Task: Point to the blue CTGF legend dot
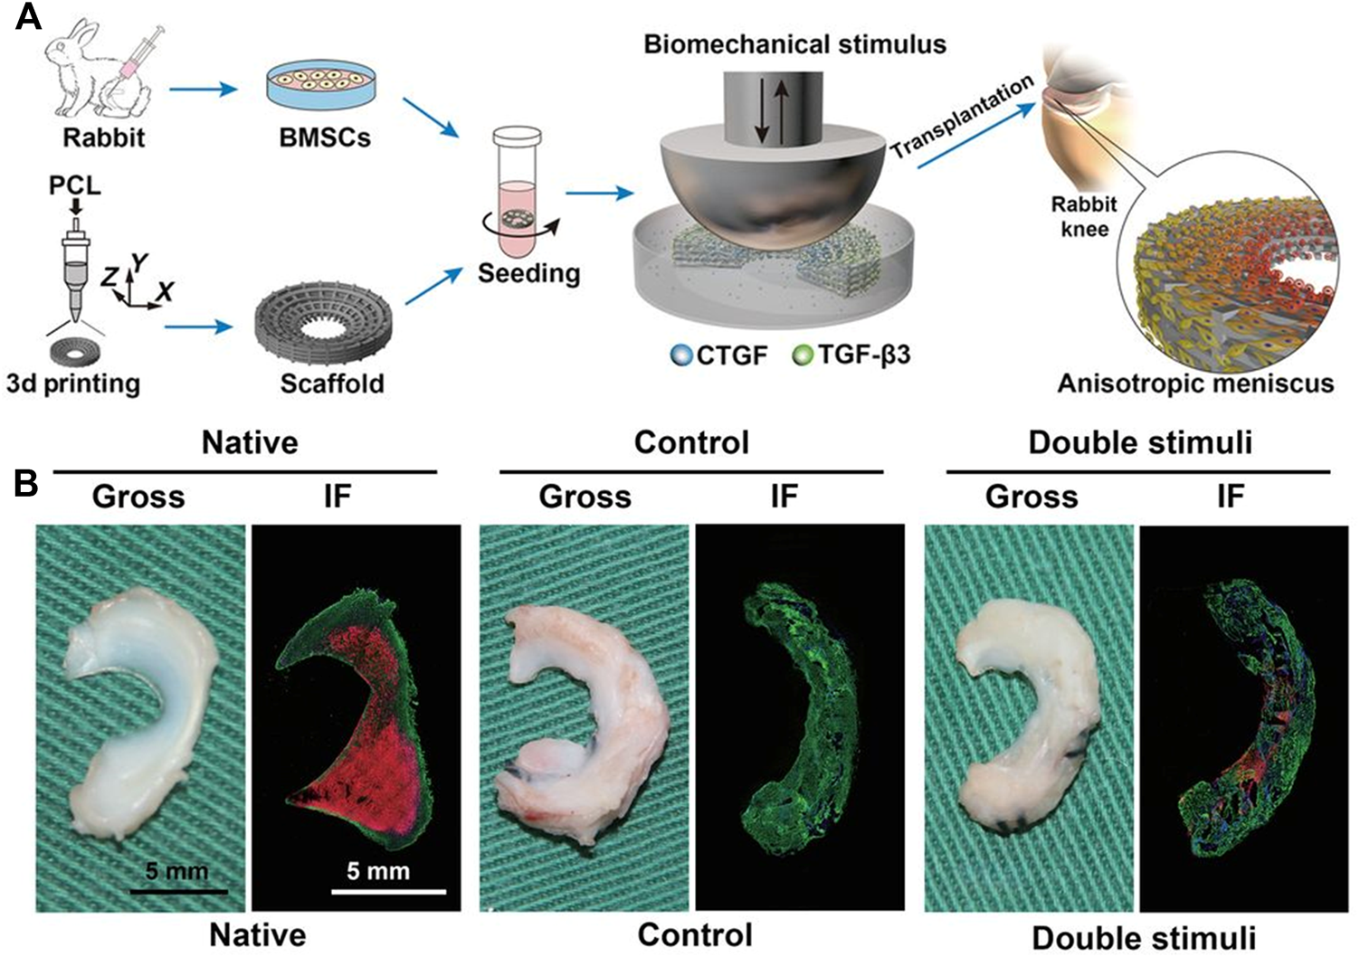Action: pyautogui.click(x=680, y=355)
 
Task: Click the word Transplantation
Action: pyautogui.click(x=961, y=118)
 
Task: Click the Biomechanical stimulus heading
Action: pyautogui.click(x=794, y=43)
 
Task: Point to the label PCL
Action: pyautogui.click(x=75, y=185)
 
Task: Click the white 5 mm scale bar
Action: pyautogui.click(x=389, y=892)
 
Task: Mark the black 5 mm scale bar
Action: pyautogui.click(x=177, y=892)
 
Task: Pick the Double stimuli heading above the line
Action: pyautogui.click(x=1140, y=442)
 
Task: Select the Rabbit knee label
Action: pyautogui.click(x=1084, y=216)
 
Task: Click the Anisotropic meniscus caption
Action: pyautogui.click(x=1195, y=384)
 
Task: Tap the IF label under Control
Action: pyautogui.click(x=784, y=497)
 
